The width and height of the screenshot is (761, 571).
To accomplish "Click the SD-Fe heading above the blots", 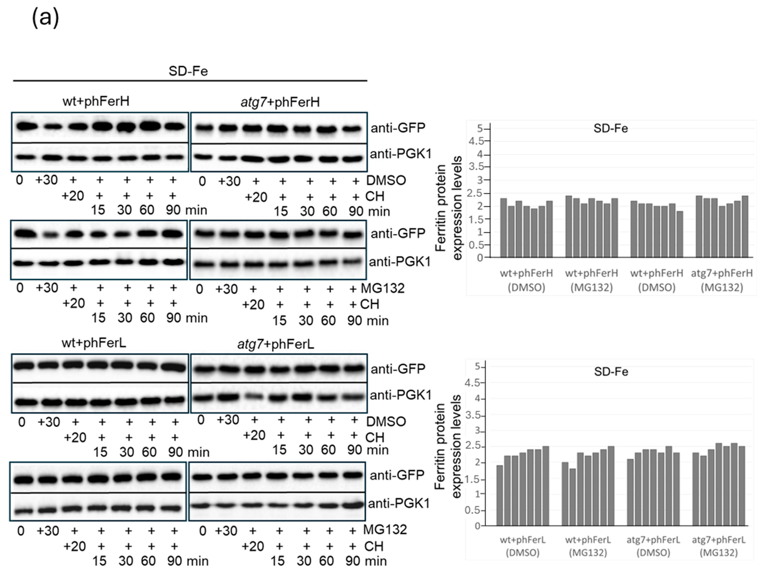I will click(188, 71).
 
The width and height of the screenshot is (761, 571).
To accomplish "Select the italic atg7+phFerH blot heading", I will click(280, 102).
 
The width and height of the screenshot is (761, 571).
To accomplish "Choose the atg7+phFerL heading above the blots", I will click(276, 344).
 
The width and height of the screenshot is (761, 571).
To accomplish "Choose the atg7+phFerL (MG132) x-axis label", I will click(719, 546).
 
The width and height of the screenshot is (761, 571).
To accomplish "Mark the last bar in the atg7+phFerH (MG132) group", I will click(745, 226).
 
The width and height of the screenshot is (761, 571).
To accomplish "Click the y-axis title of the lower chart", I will click(448, 447).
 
